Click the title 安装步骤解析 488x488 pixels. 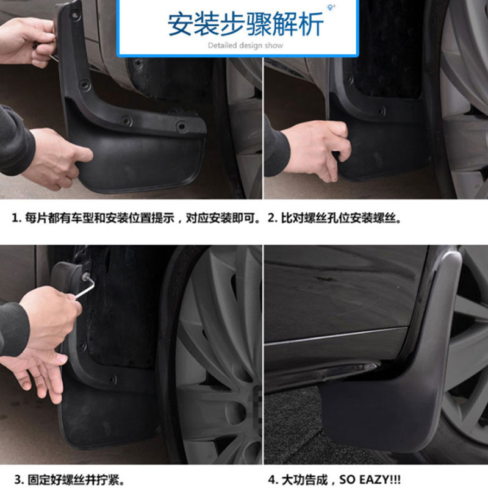pos(246,24)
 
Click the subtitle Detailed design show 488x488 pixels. pos(245,45)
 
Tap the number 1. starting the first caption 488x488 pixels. pos(16,218)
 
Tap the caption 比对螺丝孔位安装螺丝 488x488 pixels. pos(339,218)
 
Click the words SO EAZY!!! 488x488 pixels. pos(370,479)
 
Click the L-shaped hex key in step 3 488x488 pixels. pos(85,286)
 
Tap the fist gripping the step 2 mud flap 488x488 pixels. pos(317,149)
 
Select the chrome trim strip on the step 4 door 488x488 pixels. pos(336,335)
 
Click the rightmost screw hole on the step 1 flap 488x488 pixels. pos(182,126)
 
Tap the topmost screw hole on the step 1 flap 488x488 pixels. pos(74,14)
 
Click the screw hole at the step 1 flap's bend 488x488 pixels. pos(84,84)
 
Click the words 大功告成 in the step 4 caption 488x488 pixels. pos(304,479)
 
